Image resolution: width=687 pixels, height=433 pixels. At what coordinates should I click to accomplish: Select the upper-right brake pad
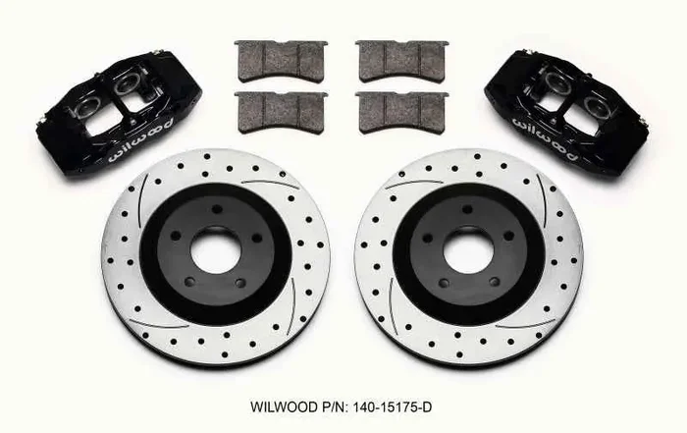[x=401, y=61]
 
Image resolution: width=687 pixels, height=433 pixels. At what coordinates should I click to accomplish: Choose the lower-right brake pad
[x=401, y=110]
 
